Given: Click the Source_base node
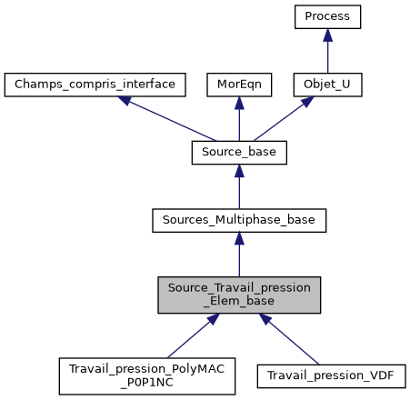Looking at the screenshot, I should pyautogui.click(x=239, y=153).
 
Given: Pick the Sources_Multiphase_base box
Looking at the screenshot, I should pyautogui.click(x=239, y=219).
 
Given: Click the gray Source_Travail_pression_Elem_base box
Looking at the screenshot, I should pyautogui.click(x=239, y=295).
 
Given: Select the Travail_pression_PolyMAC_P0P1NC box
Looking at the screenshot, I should pyautogui.click(x=146, y=375).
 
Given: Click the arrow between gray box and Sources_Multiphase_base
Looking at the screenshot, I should pyautogui.click(x=239, y=255).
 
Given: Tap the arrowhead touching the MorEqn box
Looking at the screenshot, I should pyautogui.click(x=239, y=104).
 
